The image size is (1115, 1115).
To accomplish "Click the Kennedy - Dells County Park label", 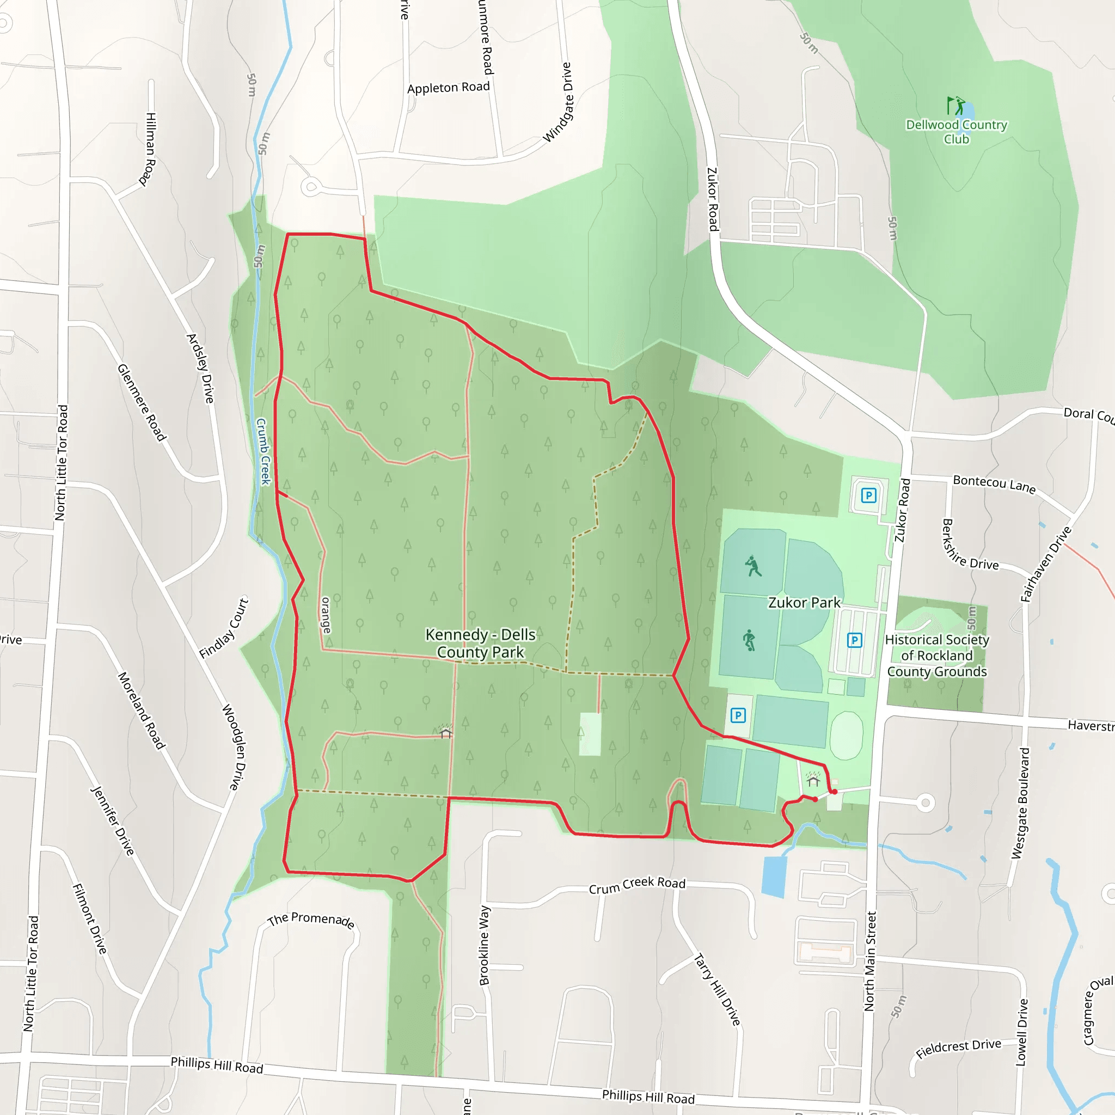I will pos(480,643).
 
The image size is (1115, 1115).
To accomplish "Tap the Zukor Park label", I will pos(804,603).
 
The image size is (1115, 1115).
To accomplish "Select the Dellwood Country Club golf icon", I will pos(955,106).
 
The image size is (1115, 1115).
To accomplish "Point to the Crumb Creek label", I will pos(263,451).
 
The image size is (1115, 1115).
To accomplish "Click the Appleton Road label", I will pos(449,88).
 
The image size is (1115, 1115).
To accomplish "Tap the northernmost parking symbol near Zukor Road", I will pos(868,495).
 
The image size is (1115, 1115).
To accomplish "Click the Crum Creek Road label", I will pos(637,885).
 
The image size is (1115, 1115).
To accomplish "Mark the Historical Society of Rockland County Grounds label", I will pos(936,655).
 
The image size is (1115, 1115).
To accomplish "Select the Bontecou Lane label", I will pos(994,483).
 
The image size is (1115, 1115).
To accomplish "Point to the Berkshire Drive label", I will pos(970,546).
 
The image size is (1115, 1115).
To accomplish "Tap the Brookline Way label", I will pos(484,945).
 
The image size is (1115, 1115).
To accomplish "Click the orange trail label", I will pos(326,615).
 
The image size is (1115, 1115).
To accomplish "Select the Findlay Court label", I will pos(224,628).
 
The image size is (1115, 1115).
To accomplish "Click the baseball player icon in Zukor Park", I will pos(752,566).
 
